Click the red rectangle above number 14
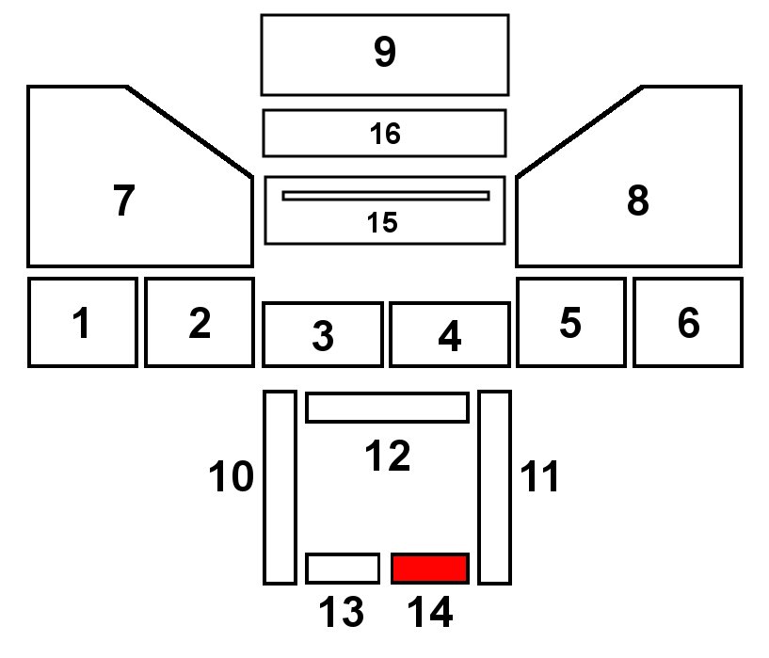point(430,569)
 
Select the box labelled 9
point(384,55)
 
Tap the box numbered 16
point(384,133)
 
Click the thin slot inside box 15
point(385,196)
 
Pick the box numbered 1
point(83,322)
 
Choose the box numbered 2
point(199,322)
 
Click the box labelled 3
point(322,334)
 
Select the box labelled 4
point(449,334)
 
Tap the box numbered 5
point(570,322)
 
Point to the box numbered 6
point(687,322)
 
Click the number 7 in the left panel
point(123,201)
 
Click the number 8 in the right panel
point(637,201)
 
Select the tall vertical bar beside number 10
point(280,487)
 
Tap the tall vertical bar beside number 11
point(494,487)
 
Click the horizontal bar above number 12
point(387,408)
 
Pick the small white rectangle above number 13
point(343,569)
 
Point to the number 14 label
point(430,613)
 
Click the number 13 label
point(342,613)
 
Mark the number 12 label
point(387,457)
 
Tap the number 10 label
point(232,477)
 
